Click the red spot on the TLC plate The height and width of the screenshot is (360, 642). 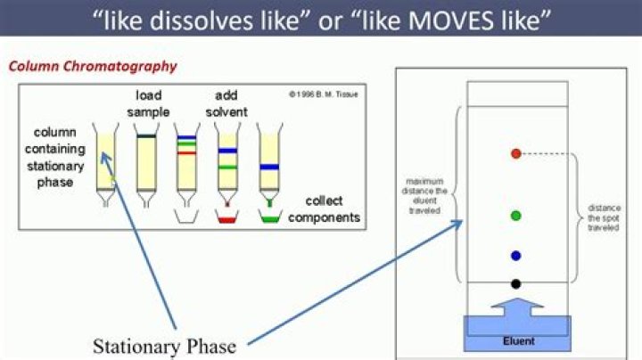coord(515,154)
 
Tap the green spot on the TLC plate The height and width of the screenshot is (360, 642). coord(515,216)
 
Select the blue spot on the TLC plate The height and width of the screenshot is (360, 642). coord(515,256)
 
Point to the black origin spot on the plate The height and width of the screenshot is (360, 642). coord(515,283)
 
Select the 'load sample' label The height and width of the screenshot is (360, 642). coord(148,103)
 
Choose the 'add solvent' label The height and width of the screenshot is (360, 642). coord(226,103)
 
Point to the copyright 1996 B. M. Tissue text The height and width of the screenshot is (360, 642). coord(323,94)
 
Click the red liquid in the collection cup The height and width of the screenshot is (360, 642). coord(226,217)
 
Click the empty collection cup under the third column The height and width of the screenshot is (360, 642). coord(186,216)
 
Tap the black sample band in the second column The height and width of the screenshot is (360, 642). coord(146,136)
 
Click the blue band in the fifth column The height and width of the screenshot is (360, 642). coord(269,167)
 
